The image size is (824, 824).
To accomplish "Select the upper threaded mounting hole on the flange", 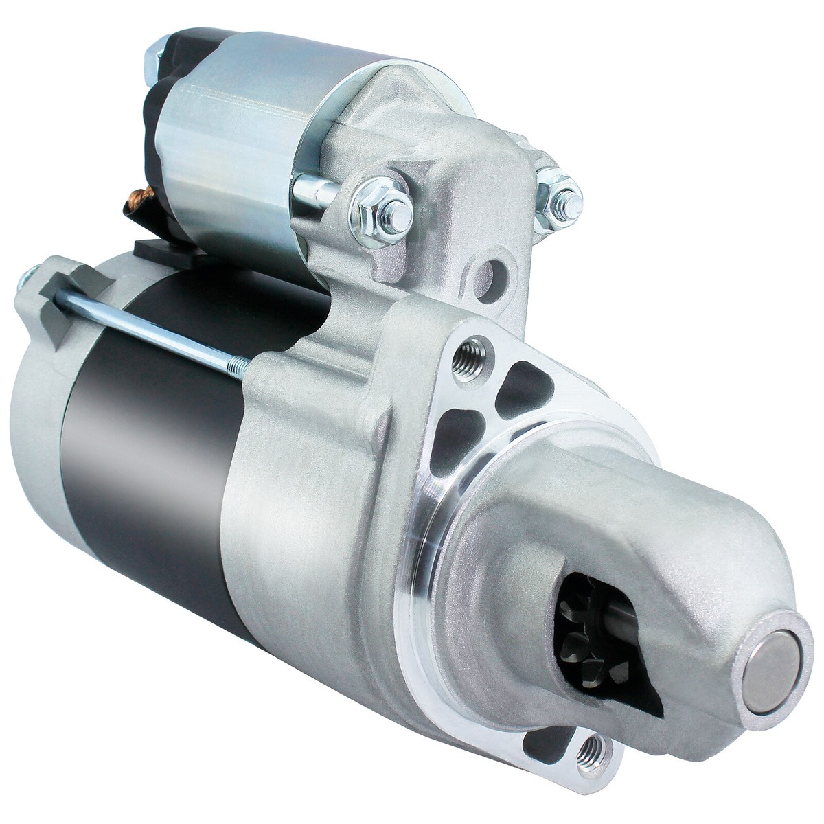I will pyautogui.click(x=472, y=353).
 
